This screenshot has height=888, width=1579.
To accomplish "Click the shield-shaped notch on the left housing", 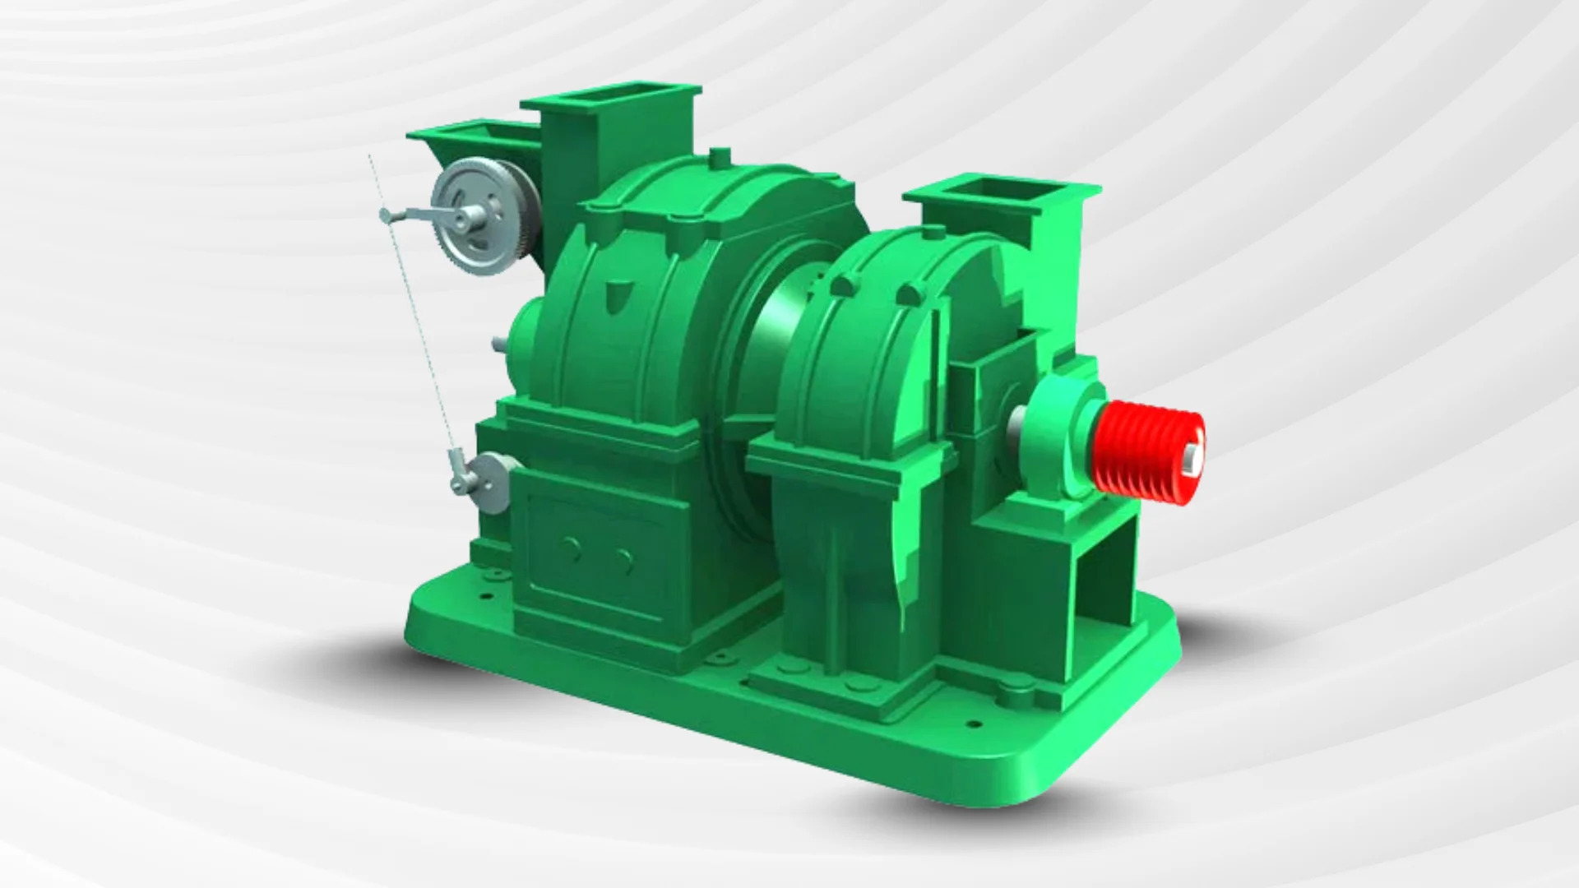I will tap(615, 289).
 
